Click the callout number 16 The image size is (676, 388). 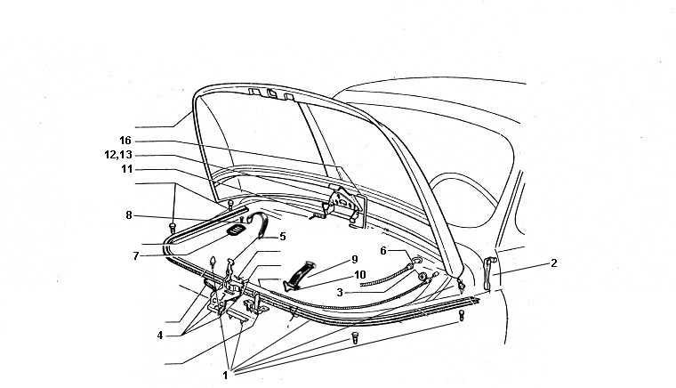(125, 141)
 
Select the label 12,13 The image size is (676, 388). (118, 154)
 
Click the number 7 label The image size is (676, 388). (136, 256)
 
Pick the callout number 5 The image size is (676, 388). (282, 237)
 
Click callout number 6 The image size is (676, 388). (384, 252)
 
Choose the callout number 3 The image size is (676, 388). (341, 291)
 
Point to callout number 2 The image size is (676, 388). (553, 263)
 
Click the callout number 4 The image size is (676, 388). (159, 335)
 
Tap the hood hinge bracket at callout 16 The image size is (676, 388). (343, 204)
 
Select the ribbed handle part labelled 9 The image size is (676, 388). (303, 275)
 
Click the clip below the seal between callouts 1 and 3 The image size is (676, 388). (355, 336)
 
